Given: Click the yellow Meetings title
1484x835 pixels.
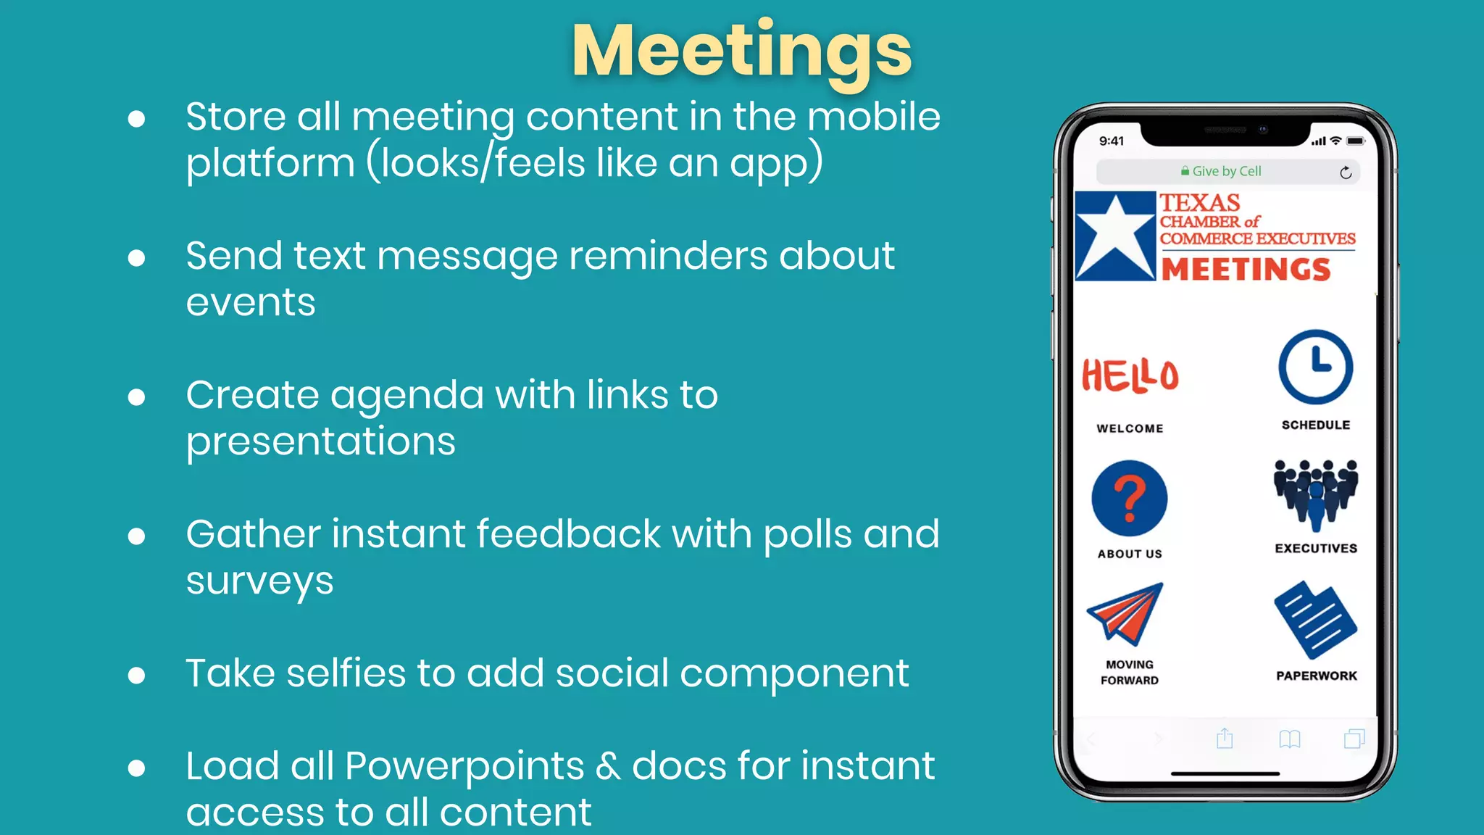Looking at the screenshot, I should (x=741, y=51).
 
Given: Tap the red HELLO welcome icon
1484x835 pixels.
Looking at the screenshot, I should (x=1130, y=375).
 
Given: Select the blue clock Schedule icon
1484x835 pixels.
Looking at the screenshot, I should (x=1315, y=367).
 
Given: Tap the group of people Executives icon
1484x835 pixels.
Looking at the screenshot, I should (x=1315, y=494).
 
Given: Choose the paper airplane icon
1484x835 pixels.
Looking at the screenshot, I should (x=1125, y=613).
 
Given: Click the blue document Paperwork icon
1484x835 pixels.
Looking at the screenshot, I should (x=1314, y=619).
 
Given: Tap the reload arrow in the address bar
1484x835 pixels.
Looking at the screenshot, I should (x=1346, y=173).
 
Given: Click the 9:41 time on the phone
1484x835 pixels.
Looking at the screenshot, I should (x=1111, y=141).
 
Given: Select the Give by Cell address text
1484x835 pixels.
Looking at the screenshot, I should (x=1226, y=171).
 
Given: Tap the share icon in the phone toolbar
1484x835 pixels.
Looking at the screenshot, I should (x=1225, y=738).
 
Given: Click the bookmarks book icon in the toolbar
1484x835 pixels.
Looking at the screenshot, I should (x=1290, y=739).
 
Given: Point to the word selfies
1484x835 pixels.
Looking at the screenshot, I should (x=346, y=673).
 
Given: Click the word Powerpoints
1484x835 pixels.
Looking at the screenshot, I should (x=464, y=765).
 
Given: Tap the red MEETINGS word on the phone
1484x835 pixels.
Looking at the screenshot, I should (x=1246, y=269).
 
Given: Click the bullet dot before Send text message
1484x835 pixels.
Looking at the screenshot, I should (x=136, y=257).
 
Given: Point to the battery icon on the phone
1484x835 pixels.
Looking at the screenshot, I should (x=1355, y=141).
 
